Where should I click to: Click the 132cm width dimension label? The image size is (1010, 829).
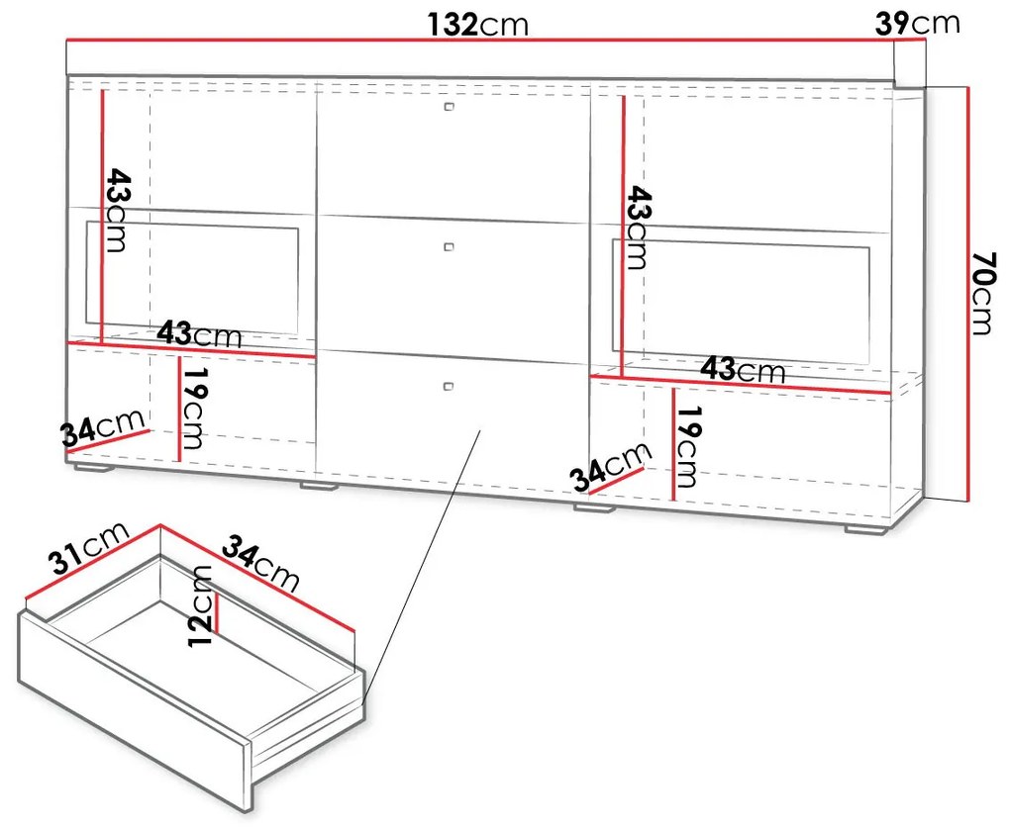(478, 25)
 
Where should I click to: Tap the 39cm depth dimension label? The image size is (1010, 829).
(917, 23)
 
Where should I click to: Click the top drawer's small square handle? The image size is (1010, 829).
(449, 106)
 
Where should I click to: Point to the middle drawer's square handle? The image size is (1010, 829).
(449, 246)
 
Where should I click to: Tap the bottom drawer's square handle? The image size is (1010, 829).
(449, 386)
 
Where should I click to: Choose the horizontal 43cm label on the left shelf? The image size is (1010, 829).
(200, 334)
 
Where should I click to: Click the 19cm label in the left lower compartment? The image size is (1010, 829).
(194, 408)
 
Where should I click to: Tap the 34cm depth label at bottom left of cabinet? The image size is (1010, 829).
(103, 427)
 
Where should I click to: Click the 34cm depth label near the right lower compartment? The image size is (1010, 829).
(609, 467)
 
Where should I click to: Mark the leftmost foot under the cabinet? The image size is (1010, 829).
(91, 467)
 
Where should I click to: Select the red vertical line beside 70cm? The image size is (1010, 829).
(967, 293)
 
